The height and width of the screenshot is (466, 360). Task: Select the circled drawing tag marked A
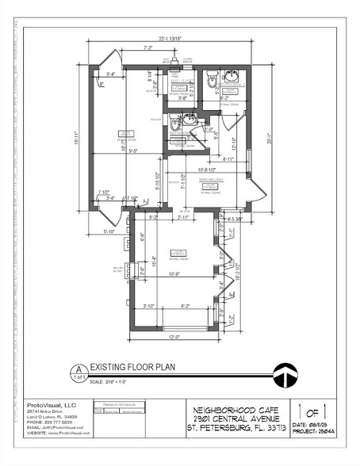(x=79, y=371)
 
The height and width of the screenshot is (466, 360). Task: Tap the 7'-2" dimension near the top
(x=147, y=48)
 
